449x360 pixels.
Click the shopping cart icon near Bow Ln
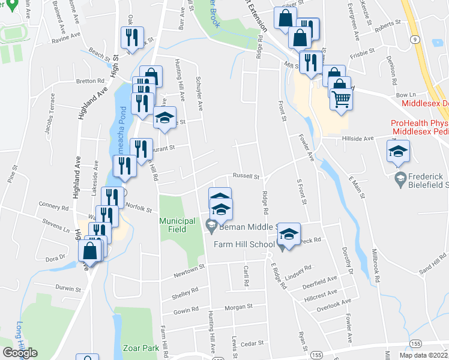point(341,98)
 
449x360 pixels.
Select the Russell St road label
point(246,177)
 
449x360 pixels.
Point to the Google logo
point(20,353)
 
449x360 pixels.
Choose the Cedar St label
point(252,343)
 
